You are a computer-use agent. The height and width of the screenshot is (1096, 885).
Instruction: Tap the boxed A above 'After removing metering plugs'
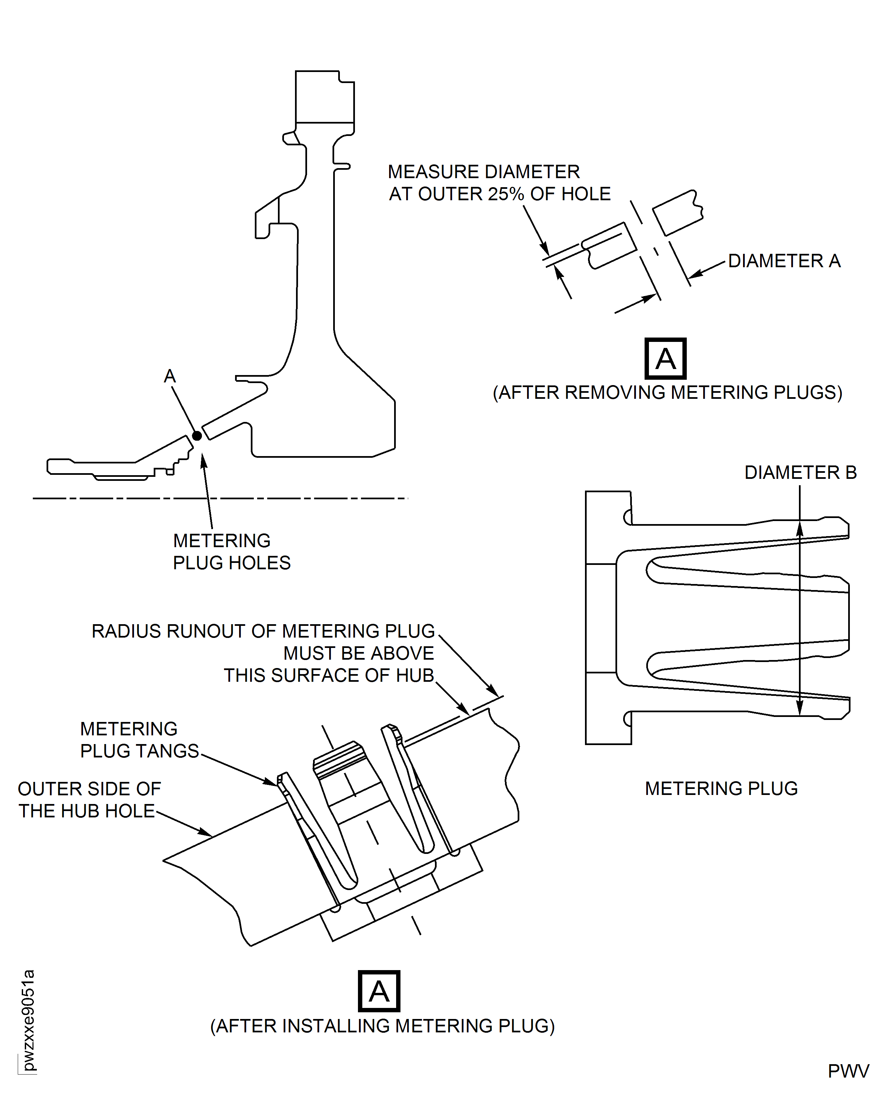click(665, 359)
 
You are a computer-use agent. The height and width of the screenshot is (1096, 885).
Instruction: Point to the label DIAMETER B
click(800, 472)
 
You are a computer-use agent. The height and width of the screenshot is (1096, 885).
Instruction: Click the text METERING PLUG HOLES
click(231, 552)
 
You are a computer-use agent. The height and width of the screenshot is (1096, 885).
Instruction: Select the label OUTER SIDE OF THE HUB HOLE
click(89, 800)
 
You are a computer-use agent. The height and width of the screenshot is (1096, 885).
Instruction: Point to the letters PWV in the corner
click(848, 1071)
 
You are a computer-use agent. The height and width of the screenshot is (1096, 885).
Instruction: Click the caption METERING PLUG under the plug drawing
click(721, 789)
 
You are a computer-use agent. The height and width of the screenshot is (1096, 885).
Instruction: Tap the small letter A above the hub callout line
click(170, 376)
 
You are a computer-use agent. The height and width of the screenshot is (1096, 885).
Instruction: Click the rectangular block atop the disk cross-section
click(325, 97)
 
